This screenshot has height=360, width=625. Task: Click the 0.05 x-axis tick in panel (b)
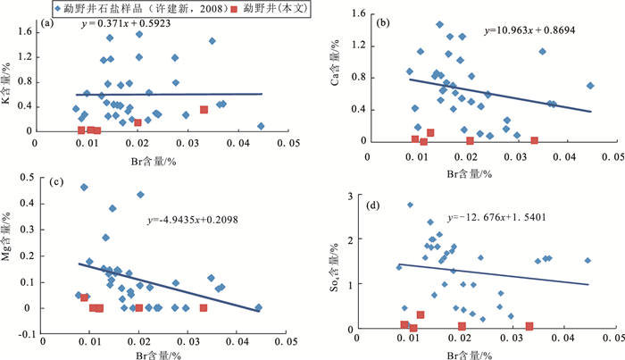pyautogui.click(x=611, y=157)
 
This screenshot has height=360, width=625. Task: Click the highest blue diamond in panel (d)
pyautogui.click(x=410, y=205)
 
